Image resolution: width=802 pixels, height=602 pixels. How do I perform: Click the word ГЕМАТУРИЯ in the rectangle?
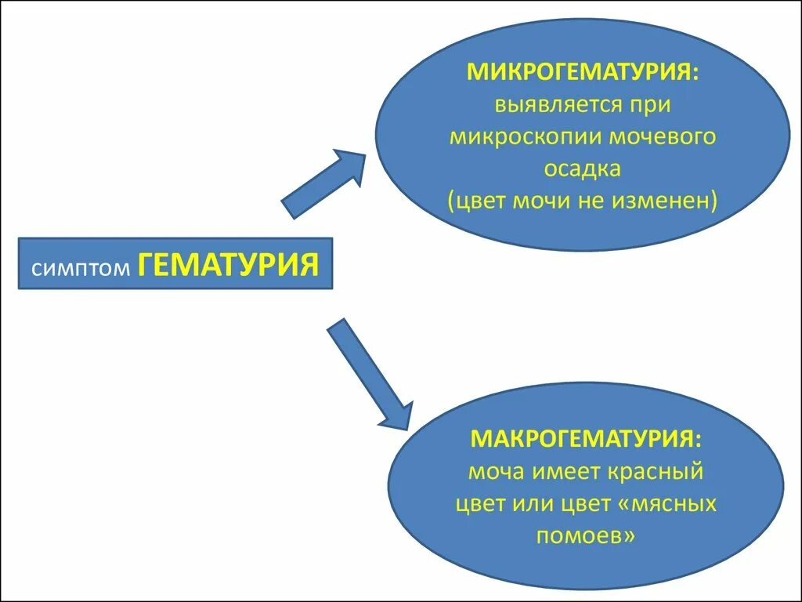click(x=229, y=264)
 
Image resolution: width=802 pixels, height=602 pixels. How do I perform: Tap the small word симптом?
click(x=81, y=268)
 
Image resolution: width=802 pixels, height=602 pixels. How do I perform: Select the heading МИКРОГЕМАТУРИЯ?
click(x=583, y=72)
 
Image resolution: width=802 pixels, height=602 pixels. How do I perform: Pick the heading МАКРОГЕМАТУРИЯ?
click(x=586, y=438)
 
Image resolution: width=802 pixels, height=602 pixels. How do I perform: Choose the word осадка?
click(x=583, y=169)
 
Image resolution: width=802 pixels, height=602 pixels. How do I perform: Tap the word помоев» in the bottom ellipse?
click(x=585, y=535)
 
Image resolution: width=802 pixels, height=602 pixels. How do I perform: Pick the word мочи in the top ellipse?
click(x=540, y=201)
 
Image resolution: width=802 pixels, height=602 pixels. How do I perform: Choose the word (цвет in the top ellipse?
click(x=477, y=201)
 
